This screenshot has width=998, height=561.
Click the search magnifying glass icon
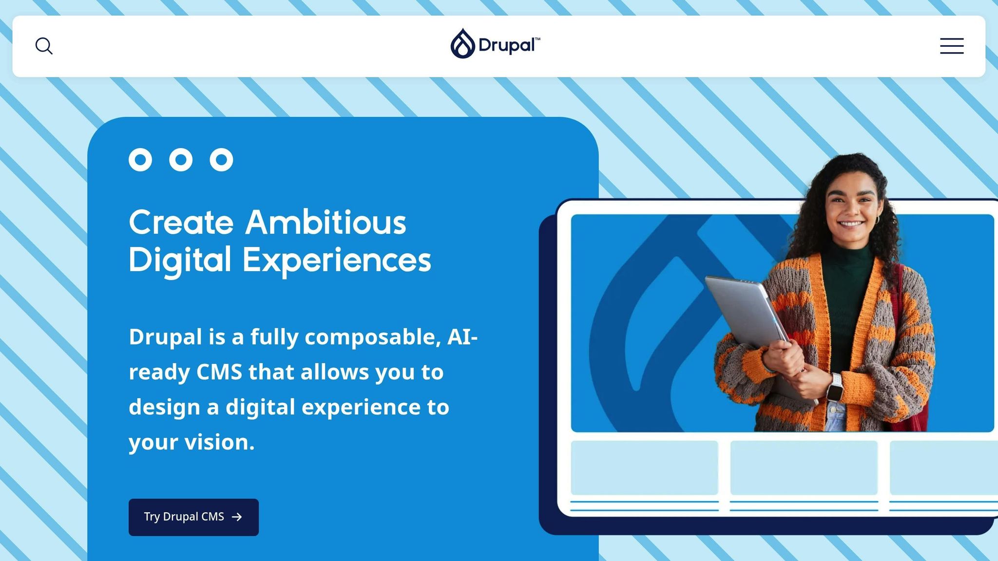[44, 46]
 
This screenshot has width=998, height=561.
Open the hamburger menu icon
[952, 46]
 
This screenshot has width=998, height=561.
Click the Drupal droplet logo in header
[462, 44]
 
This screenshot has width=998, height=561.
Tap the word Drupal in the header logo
[507, 45]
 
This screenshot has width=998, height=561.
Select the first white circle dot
[140, 160]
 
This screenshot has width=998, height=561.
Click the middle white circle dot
[181, 160]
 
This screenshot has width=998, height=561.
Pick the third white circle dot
[221, 160]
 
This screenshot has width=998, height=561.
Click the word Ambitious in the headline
[326, 223]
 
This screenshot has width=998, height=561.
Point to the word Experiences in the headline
[337, 261]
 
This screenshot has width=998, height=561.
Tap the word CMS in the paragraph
[219, 372]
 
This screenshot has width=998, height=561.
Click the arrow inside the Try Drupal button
[237, 517]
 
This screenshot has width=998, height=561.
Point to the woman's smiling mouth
[851, 224]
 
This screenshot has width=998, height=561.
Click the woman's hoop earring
[877, 220]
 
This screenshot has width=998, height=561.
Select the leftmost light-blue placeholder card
[644, 467]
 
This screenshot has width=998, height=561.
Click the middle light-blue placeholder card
[804, 467]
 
